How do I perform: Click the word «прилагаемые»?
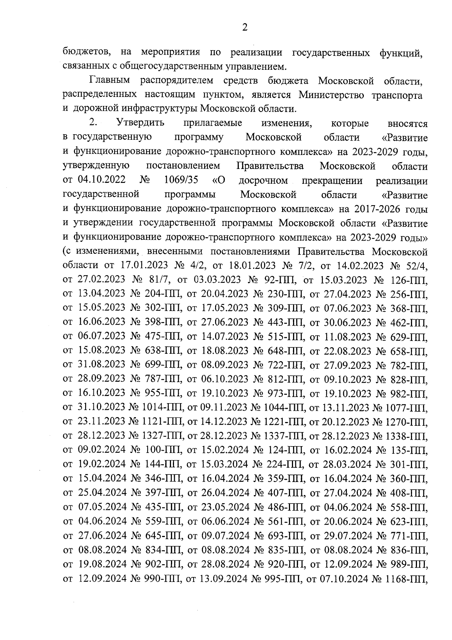click(x=213, y=123)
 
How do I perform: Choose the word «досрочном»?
click(x=263, y=180)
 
